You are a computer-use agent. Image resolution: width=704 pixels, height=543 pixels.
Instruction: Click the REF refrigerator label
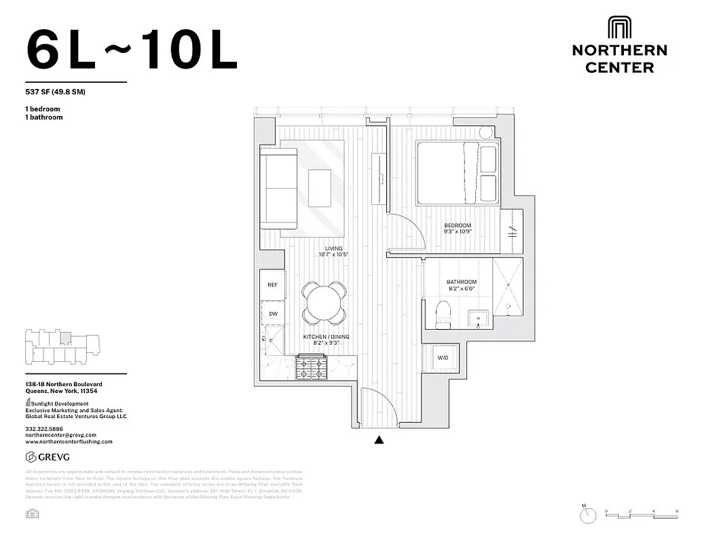tap(272, 285)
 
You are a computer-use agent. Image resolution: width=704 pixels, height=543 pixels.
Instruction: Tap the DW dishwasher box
tap(272, 314)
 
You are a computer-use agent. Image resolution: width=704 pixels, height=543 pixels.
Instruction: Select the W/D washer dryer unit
tap(443, 358)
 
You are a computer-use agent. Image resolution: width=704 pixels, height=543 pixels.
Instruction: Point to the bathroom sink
tap(478, 318)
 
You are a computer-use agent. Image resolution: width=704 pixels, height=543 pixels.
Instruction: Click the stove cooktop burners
tap(311, 369)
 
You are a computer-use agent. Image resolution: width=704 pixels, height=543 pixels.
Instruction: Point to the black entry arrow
tap(379, 441)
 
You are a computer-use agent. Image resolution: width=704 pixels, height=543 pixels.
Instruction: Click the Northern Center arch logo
tap(619, 29)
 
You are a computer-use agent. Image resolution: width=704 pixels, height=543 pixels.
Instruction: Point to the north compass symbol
tap(587, 516)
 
